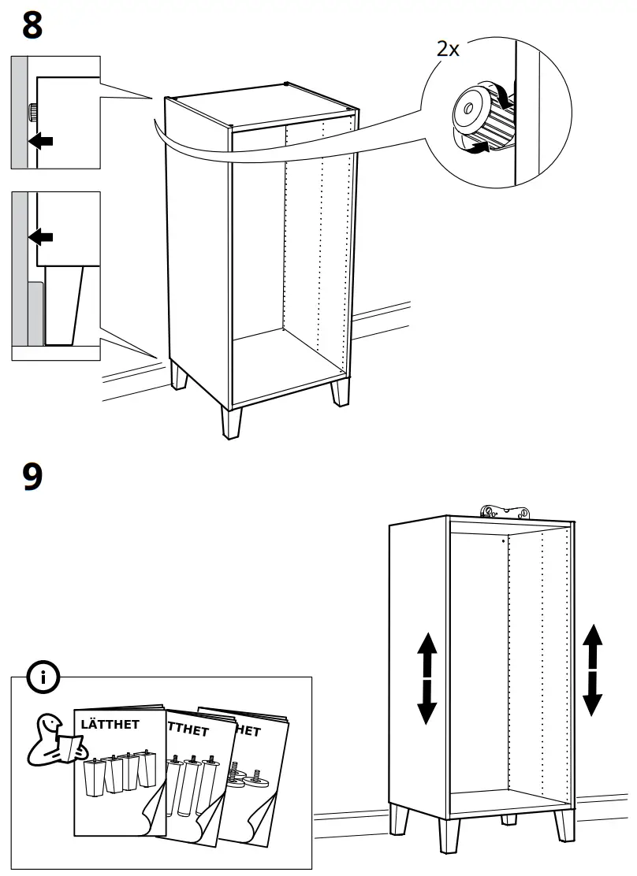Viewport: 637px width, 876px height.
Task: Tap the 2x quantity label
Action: [448, 49]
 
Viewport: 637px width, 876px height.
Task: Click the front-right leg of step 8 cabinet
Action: [341, 392]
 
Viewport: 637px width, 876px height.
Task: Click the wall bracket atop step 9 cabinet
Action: [504, 512]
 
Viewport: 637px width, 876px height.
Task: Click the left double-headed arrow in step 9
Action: [427, 677]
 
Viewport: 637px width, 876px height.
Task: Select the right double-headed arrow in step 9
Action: [593, 670]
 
